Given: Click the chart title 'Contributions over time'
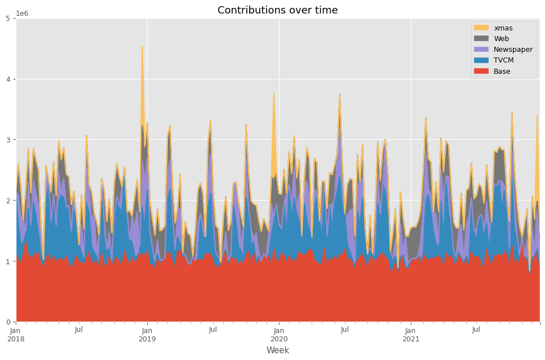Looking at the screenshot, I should click(277, 10).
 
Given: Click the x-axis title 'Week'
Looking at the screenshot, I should click(277, 350).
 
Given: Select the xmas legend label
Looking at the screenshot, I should click(503, 28).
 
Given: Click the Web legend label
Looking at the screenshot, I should click(502, 39).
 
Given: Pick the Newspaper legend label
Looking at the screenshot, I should click(513, 50).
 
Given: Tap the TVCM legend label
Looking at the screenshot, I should click(504, 60).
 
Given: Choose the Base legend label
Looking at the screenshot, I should click(502, 71).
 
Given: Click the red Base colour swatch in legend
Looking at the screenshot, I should click(481, 71).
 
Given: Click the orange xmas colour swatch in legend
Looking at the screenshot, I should click(481, 28).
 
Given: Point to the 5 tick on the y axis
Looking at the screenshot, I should click(10, 19).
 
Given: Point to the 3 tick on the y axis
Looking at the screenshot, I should click(10, 140).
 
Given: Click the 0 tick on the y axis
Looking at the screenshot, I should click(10, 322).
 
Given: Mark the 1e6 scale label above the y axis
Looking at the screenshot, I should click(22, 14).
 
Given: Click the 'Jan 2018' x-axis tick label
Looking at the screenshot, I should click(16, 335).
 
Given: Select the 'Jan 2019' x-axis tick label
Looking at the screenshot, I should click(147, 335).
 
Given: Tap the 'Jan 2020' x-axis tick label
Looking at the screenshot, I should click(279, 335).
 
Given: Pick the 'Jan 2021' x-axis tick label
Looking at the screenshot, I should click(411, 335).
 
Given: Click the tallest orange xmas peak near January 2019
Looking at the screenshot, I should click(142, 47).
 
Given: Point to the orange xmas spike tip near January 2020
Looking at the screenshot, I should click(274, 94).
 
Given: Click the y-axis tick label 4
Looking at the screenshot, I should click(10, 79).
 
